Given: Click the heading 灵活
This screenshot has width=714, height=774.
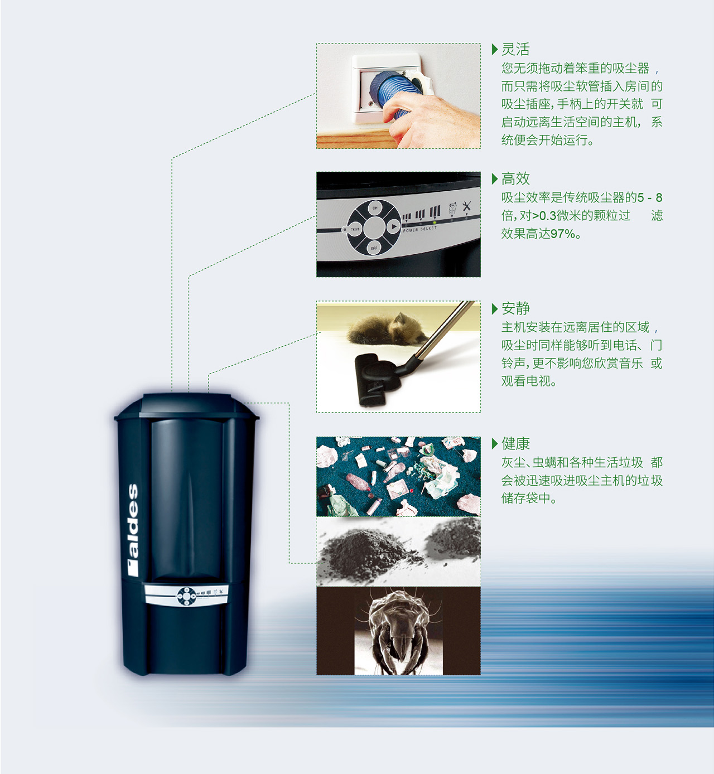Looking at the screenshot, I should pyautogui.click(x=515, y=50).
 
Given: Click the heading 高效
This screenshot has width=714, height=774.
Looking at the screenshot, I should pyautogui.click(x=515, y=179).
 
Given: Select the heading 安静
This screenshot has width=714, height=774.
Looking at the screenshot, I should pyautogui.click(x=515, y=308).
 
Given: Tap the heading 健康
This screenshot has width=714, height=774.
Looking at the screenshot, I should pyautogui.click(x=515, y=444).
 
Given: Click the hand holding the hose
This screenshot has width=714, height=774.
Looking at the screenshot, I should pyautogui.click(x=435, y=117).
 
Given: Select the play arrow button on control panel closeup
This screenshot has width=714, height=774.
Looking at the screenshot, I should pyautogui.click(x=393, y=227).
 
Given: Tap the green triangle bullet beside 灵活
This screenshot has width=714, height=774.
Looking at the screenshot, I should pyautogui.click(x=495, y=50).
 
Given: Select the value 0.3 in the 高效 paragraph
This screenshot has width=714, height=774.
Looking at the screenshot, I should pyautogui.click(x=548, y=216).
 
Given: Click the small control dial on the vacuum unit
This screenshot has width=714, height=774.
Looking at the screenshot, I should pyautogui.click(x=186, y=596).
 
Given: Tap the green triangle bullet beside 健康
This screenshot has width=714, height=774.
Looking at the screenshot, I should pyautogui.click(x=495, y=444).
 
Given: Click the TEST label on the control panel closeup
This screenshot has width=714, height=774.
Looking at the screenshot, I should pyautogui.click(x=355, y=229).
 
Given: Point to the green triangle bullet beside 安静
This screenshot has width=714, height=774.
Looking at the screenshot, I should pyautogui.click(x=495, y=308).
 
